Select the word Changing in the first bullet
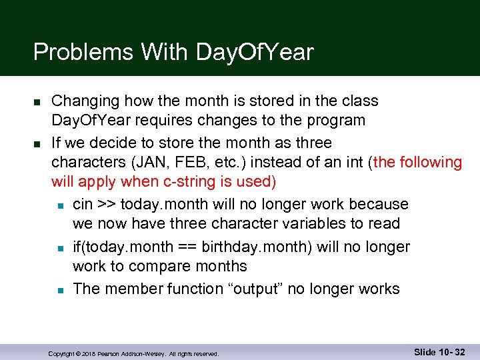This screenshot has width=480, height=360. point(83,101)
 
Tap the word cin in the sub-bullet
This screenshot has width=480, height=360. point(83,204)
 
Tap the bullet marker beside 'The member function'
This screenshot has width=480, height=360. point(59,290)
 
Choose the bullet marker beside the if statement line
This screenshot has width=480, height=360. point(59,248)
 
